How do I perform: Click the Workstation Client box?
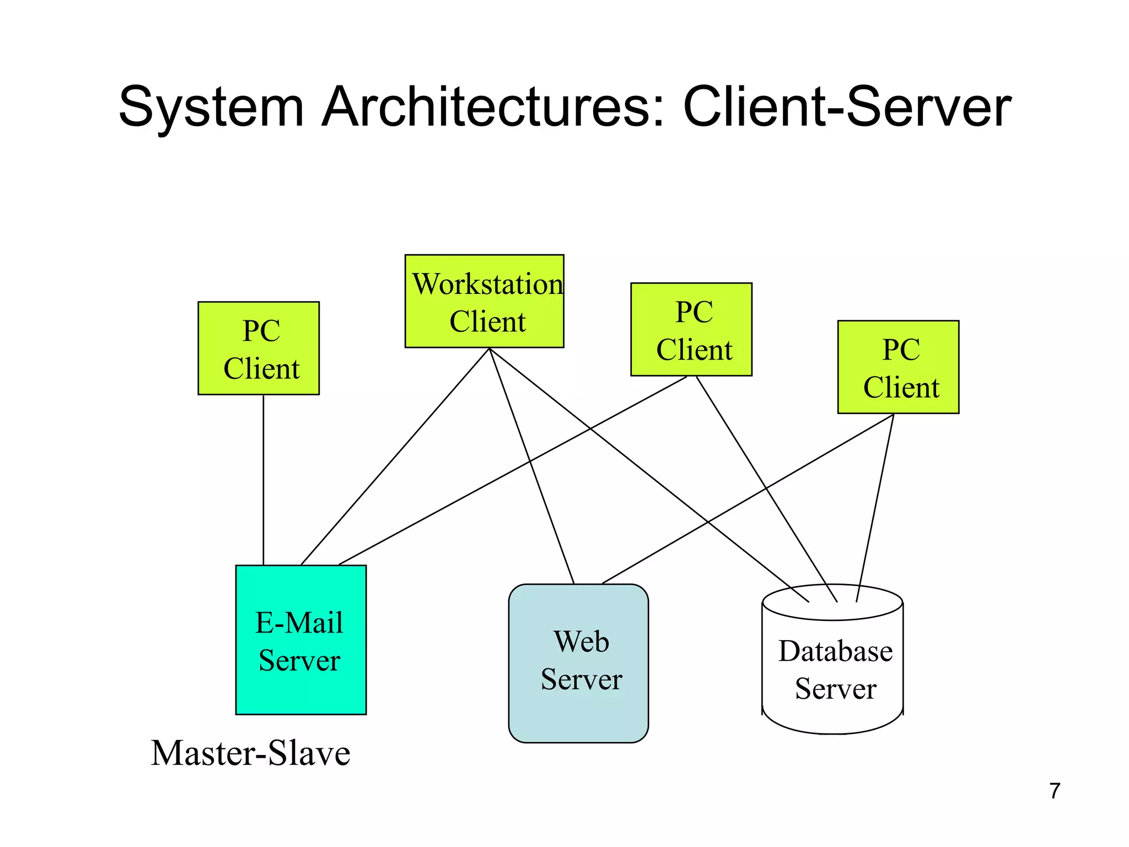tap(484, 301)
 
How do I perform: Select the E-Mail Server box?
tap(300, 640)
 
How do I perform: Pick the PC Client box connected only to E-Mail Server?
tap(259, 348)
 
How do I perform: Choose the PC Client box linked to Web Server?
tap(898, 367)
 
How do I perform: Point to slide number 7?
tap(1055, 791)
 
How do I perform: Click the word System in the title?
tap(211, 107)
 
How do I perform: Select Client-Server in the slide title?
tap(847, 107)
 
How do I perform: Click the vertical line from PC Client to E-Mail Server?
tap(264, 480)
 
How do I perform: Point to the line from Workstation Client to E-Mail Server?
tap(395, 457)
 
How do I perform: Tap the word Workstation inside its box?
tap(487, 285)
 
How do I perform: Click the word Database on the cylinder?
tap(835, 651)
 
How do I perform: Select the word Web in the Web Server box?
tap(581, 642)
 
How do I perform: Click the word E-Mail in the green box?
tap(299, 623)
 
